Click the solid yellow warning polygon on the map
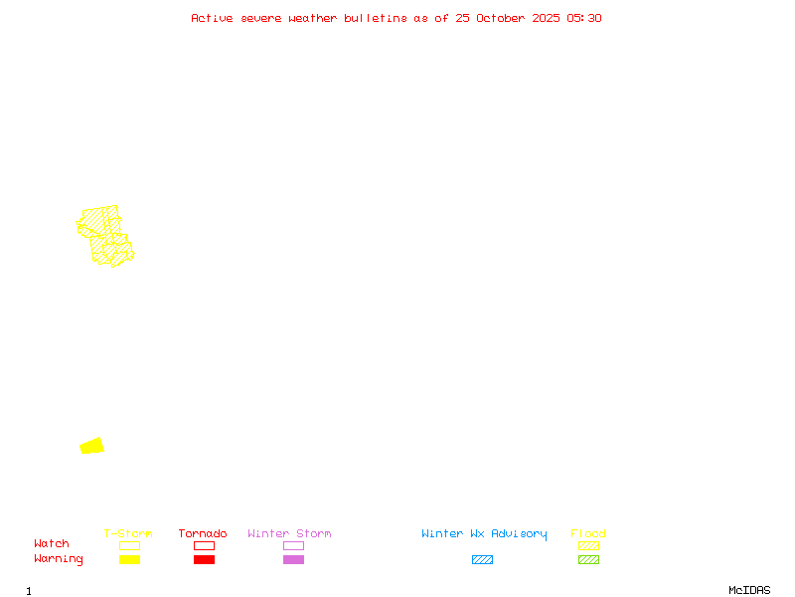click(x=91, y=446)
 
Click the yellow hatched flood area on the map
click(x=105, y=236)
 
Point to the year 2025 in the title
click(x=546, y=18)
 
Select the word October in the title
click(x=501, y=18)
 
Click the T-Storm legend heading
click(x=128, y=533)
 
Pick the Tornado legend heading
click(x=203, y=533)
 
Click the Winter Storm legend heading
click(x=289, y=533)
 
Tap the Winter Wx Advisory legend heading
click(x=484, y=534)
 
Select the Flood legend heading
click(x=588, y=533)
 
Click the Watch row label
click(x=52, y=543)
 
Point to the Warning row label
click(x=59, y=559)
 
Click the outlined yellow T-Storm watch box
click(x=130, y=545)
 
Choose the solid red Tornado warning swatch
click(x=205, y=559)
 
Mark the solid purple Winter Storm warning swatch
click(x=293, y=559)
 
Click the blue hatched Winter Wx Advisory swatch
click(x=482, y=559)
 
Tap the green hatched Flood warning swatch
click(x=588, y=559)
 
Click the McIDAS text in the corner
click(x=749, y=590)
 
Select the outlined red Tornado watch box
click(x=205, y=545)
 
